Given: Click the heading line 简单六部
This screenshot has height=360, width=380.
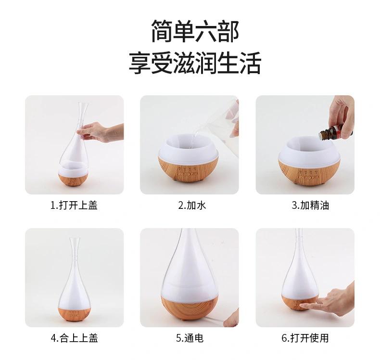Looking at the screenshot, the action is (x=195, y=31).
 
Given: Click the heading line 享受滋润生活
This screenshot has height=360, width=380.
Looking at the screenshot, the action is (x=195, y=63).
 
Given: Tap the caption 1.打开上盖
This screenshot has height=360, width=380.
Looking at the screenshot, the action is (x=74, y=206).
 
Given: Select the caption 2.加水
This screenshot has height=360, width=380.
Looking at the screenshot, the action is (x=192, y=206).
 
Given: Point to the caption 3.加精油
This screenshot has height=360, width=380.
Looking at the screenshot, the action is (x=310, y=206).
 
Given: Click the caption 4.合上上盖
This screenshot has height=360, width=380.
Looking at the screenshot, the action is (x=74, y=338).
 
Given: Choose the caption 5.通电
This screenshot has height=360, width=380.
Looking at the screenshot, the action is (x=190, y=338).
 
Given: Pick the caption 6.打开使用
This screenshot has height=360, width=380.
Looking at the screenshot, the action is (x=305, y=338).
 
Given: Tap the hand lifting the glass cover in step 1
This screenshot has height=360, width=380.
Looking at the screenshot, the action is (x=102, y=132).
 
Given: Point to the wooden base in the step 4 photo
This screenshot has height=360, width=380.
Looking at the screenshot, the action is (x=75, y=314).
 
